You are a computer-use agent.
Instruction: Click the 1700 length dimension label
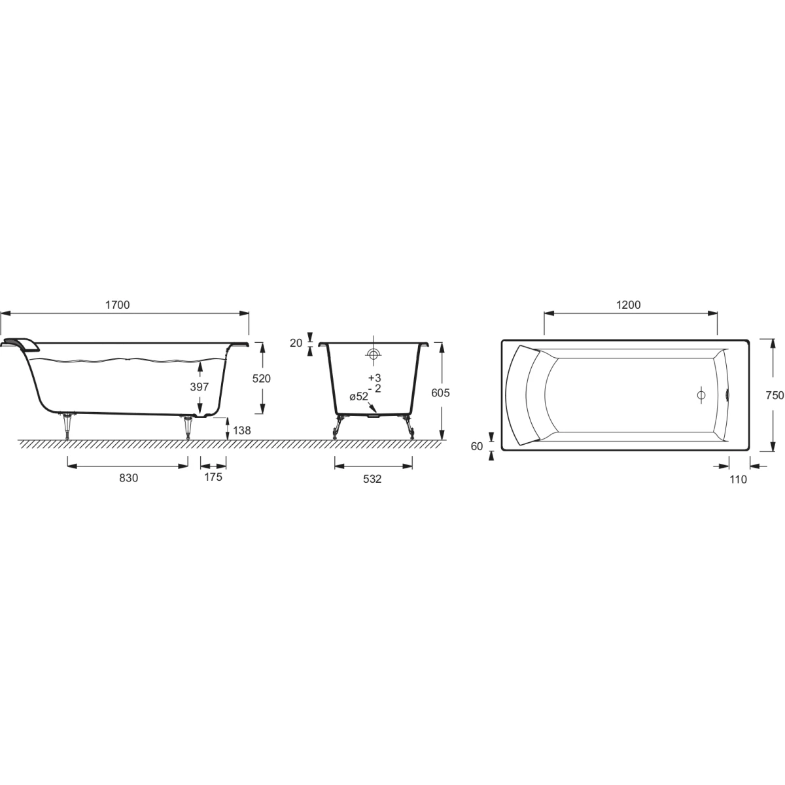(117, 305)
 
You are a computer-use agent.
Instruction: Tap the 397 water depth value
(200, 387)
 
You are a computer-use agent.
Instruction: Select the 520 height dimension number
(261, 379)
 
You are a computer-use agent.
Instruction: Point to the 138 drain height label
(241, 430)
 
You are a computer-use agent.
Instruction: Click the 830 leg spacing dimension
(128, 478)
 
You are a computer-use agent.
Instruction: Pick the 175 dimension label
(213, 477)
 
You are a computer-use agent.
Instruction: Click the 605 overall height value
(440, 392)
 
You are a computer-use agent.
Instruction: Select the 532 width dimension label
(372, 479)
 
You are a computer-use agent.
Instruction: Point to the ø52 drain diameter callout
(358, 396)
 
